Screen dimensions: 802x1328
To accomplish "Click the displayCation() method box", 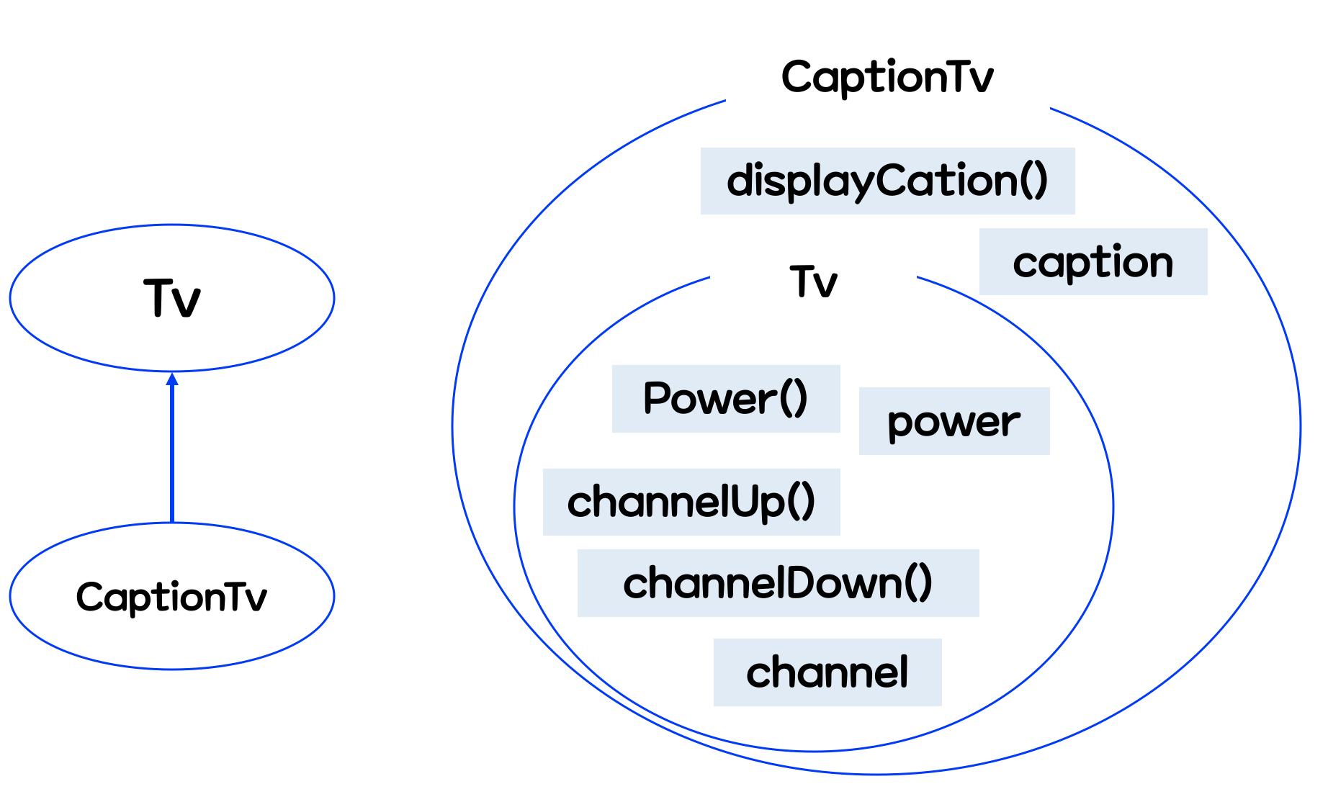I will point(887,181).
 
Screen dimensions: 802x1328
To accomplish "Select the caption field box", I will point(1093,261).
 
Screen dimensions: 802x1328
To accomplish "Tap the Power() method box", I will point(725,399).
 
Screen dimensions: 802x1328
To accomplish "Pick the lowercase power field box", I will point(954,421).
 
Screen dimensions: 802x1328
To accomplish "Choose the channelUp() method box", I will point(691,502).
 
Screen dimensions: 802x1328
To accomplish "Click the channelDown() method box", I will point(778,583).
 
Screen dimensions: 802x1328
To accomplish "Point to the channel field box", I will point(827,672).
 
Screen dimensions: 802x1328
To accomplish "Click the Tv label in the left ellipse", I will point(172,298).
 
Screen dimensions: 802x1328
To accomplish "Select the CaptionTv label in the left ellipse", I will point(171,597).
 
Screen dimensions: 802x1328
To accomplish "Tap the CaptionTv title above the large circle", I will point(887,77).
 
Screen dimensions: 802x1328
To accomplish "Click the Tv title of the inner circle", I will point(814,281).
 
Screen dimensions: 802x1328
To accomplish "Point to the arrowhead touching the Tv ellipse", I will point(172,379).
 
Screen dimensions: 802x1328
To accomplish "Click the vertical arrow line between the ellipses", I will point(172,454).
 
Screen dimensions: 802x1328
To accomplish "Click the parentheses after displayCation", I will point(1033,181).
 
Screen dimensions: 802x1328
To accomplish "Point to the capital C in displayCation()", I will point(892,181).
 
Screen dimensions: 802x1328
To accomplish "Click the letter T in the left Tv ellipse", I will point(159,297).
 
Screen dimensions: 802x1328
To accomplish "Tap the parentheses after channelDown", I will point(918,583).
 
